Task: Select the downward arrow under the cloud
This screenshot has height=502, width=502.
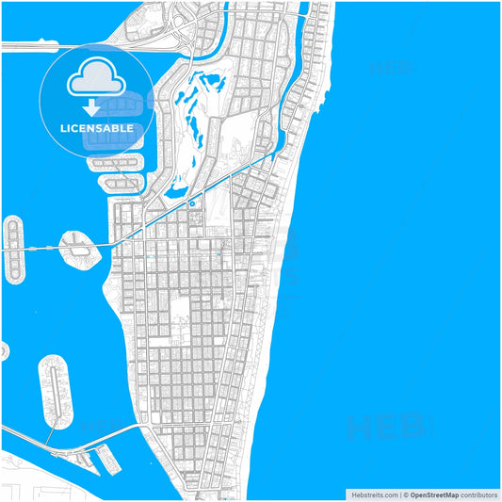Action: coord(91,106)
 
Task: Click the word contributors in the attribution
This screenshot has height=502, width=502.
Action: coord(479,494)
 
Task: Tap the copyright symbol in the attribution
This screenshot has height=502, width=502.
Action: coord(405,494)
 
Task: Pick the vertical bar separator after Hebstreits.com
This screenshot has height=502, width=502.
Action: coord(398,494)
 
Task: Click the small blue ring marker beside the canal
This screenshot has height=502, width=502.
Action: coord(191,203)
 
